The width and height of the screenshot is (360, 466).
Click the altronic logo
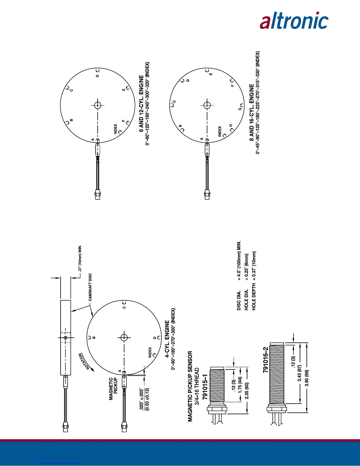pyautogui.click(x=294, y=21)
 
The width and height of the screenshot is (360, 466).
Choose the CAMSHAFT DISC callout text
pyautogui.click(x=90, y=287)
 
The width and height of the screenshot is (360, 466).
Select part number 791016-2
pyautogui.click(x=266, y=360)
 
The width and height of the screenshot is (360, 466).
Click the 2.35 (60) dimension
pyautogui.click(x=247, y=391)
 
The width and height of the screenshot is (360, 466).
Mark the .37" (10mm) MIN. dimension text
pyautogui.click(x=80, y=259)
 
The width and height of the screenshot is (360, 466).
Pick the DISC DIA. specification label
pyautogui.click(x=239, y=300)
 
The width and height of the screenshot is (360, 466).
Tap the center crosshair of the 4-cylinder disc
pyautogui.click(x=124, y=337)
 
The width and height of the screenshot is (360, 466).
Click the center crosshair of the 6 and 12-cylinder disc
pyautogui.click(x=98, y=105)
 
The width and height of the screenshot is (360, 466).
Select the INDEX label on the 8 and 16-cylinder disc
pyautogui.click(x=219, y=131)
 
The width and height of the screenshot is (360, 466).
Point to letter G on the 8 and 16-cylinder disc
pyautogui.click(x=240, y=109)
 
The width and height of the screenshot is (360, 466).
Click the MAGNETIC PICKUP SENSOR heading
pyautogui.click(x=190, y=386)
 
